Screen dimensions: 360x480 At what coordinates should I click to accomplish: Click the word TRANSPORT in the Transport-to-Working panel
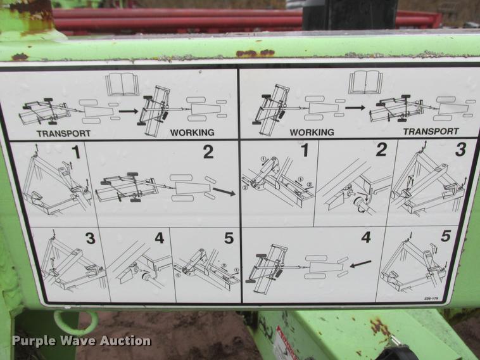[63, 133]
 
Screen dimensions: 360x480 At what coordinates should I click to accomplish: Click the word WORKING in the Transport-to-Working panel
[192, 132]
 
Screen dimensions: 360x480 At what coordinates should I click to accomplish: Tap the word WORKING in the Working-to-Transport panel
[312, 132]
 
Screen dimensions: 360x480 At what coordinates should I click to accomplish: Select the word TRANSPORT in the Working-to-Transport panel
[431, 131]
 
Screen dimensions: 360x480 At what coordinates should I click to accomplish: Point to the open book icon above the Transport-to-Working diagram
[122, 84]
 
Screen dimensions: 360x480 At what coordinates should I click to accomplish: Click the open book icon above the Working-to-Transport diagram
[365, 82]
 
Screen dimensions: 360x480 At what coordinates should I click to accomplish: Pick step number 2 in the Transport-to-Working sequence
[208, 152]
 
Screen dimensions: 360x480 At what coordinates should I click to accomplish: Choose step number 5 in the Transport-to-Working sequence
[228, 238]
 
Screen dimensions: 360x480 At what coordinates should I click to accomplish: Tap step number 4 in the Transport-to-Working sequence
[159, 238]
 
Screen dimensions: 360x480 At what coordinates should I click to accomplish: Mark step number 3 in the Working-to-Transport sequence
[460, 150]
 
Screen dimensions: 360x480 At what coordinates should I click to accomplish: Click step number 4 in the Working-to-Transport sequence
[365, 238]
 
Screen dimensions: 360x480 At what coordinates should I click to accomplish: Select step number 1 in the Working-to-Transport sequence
[304, 150]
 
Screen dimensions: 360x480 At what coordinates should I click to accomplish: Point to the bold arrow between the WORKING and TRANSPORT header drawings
[355, 108]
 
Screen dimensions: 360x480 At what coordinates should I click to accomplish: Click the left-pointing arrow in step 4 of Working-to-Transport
[361, 262]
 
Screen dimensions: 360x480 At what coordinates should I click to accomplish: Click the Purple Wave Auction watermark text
[81, 341]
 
